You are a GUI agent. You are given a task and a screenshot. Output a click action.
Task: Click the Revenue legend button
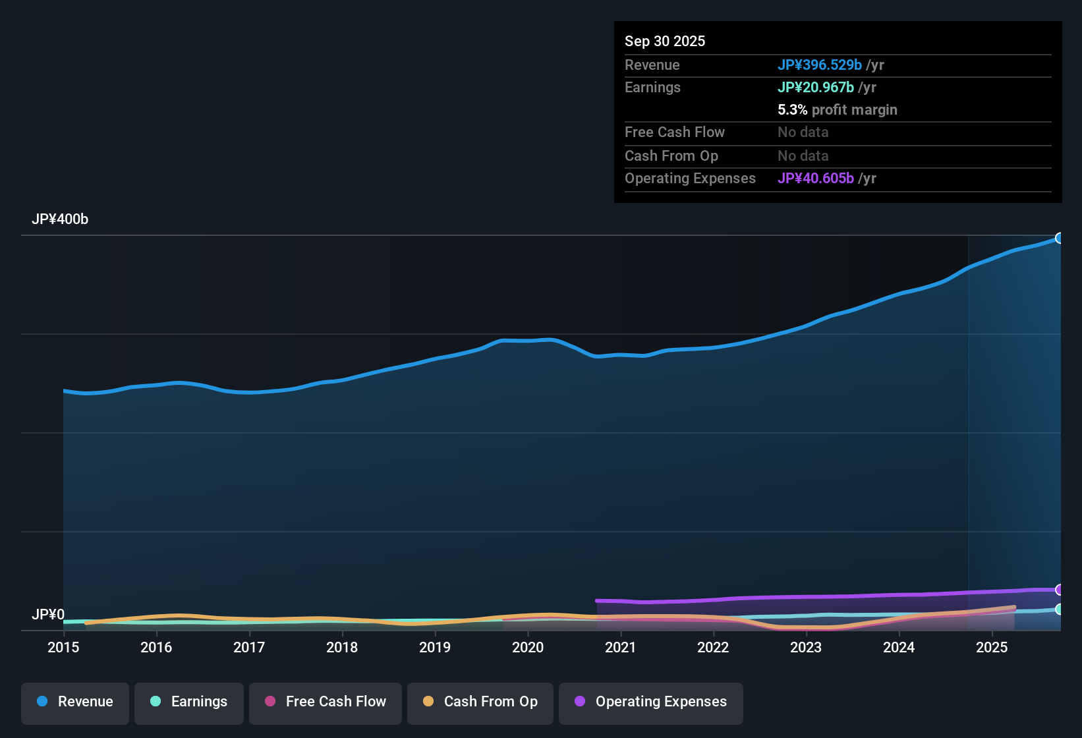[75, 702]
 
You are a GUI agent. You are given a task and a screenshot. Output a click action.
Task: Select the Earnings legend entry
[189, 702]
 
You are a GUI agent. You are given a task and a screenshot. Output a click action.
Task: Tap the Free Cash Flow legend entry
[326, 702]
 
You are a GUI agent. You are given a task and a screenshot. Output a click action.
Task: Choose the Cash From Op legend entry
[480, 702]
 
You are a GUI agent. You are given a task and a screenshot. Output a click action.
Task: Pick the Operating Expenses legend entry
[651, 702]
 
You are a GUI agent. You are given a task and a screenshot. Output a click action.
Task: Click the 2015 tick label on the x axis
[63, 647]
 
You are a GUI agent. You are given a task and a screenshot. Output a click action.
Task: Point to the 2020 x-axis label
[528, 647]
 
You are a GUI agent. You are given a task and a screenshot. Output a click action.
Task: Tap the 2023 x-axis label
[806, 647]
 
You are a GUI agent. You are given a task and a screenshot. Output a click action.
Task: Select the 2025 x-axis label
[992, 647]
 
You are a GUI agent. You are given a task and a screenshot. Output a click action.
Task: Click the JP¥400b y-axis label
[60, 219]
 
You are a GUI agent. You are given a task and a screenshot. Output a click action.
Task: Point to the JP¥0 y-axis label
[48, 615]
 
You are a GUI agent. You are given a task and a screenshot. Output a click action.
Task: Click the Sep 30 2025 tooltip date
[665, 41]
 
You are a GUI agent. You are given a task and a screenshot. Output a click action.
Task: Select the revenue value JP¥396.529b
[820, 65]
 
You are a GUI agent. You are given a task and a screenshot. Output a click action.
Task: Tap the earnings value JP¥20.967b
[816, 87]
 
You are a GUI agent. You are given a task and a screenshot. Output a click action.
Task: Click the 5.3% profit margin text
[838, 109]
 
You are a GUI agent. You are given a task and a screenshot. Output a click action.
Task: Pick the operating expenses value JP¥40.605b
[816, 178]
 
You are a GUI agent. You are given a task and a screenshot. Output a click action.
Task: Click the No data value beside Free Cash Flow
[803, 132]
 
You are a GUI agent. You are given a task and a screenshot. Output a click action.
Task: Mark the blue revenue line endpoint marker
[1060, 238]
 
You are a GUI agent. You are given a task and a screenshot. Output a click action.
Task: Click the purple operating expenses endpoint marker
[1060, 590]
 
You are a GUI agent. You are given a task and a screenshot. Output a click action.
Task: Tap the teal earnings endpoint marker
[1060, 610]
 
